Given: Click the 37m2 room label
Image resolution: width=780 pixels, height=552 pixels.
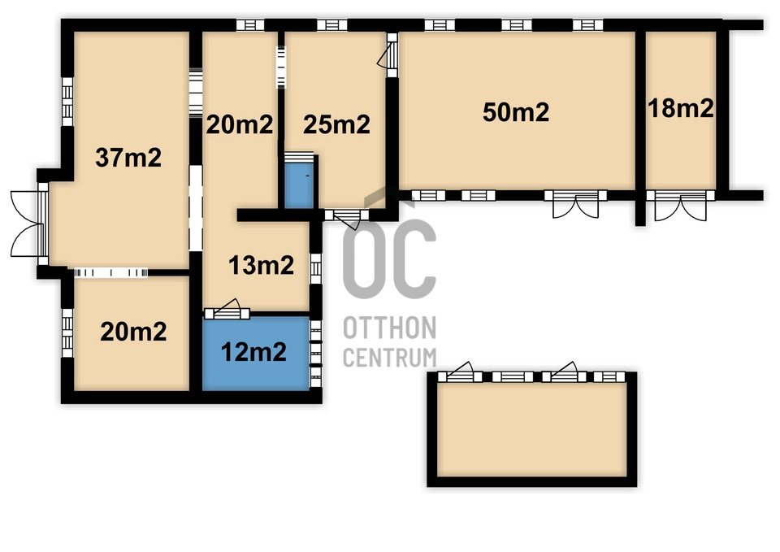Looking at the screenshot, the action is (x=128, y=157).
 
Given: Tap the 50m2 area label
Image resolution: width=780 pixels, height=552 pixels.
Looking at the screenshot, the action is (x=516, y=112).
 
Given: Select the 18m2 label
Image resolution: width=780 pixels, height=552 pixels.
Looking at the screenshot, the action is (x=681, y=108).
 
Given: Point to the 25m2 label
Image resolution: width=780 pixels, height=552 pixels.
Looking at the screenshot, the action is (x=336, y=124).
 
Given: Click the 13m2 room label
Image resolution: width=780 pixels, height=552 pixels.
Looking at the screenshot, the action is (x=261, y=265).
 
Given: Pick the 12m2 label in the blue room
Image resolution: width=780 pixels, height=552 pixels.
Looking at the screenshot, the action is (x=253, y=352).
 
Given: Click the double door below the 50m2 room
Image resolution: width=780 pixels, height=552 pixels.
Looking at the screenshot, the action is (x=575, y=203).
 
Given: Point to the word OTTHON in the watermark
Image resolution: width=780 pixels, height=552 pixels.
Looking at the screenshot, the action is (x=389, y=328).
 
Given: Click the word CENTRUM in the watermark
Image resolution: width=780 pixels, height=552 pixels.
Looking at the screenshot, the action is (x=389, y=358).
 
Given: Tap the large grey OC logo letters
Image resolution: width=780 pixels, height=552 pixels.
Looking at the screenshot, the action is (x=389, y=259).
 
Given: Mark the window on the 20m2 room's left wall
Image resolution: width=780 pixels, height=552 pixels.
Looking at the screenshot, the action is (x=67, y=333).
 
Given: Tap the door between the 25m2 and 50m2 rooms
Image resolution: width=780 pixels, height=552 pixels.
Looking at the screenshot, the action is (x=388, y=54).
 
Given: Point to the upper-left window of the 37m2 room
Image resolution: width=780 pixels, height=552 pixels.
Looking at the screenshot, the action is (x=67, y=102).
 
